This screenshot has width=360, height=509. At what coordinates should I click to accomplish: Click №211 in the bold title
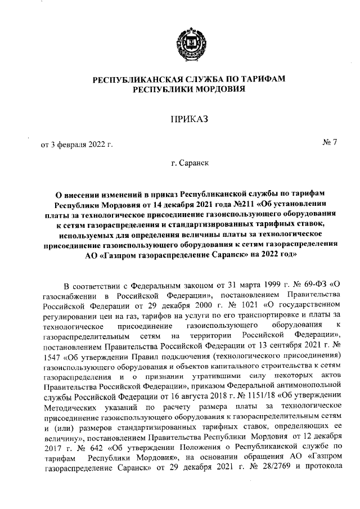coord(230,204)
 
